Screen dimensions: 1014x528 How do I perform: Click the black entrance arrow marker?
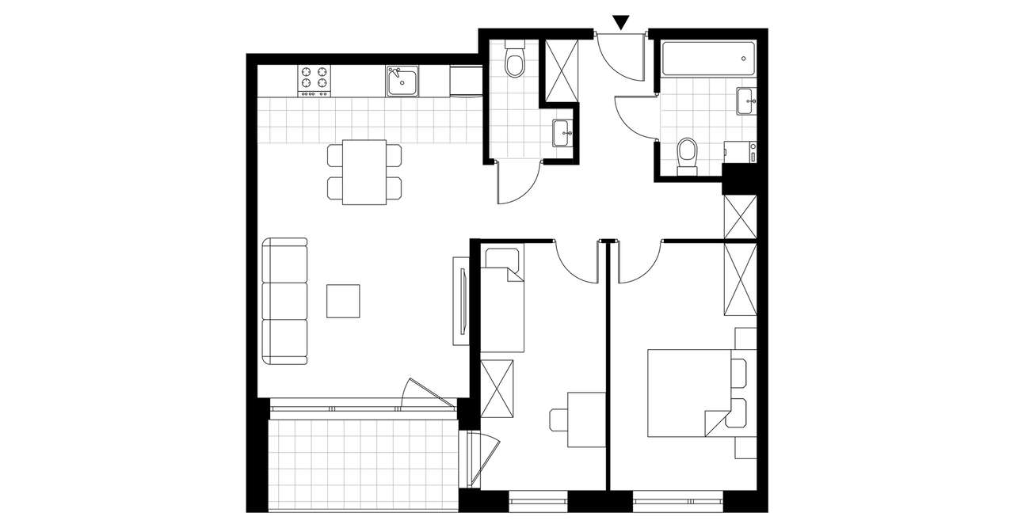[622, 23]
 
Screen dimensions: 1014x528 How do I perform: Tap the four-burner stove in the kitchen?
[314, 80]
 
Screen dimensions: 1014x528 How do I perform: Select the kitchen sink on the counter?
[403, 81]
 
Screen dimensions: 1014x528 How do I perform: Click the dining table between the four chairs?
[364, 172]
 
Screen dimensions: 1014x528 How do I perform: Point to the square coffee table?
[344, 301]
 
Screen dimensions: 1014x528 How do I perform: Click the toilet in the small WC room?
[515, 62]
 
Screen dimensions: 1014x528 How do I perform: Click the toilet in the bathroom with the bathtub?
[687, 154]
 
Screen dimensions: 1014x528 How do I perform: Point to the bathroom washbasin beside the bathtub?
[745, 101]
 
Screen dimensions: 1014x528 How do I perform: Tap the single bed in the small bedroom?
[503, 300]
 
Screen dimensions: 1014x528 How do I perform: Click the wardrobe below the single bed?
[497, 389]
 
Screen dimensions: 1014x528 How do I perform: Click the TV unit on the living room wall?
[461, 301]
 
